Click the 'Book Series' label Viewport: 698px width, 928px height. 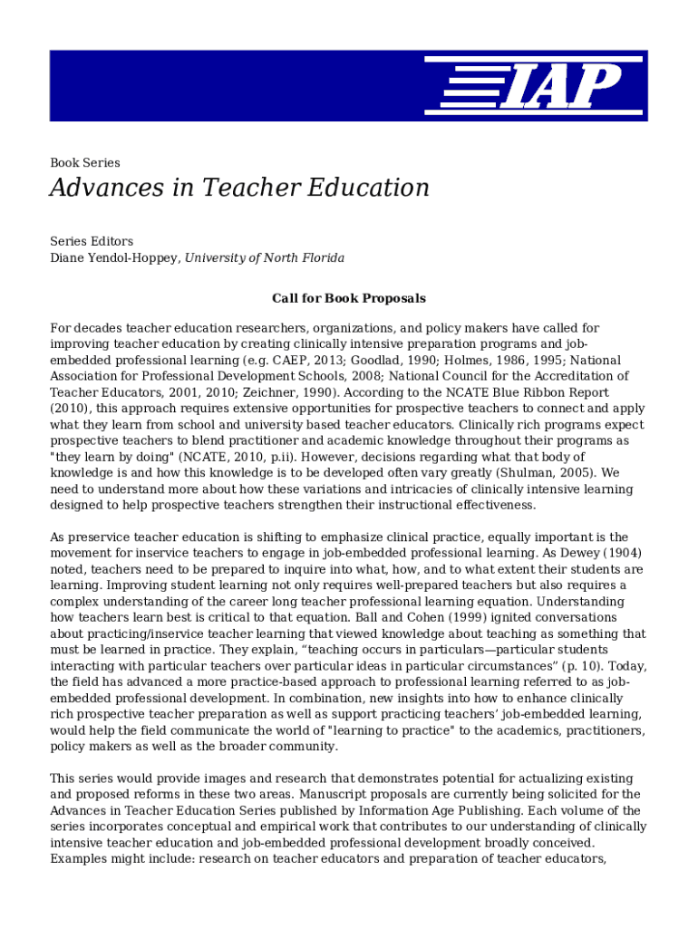coord(84,163)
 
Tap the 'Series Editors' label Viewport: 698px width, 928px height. coord(91,241)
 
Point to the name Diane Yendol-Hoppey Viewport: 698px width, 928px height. coord(114,258)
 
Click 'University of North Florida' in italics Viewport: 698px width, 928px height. coord(266,258)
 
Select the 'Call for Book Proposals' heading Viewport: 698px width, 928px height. coord(348,298)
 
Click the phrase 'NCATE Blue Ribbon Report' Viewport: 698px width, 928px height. coord(528,392)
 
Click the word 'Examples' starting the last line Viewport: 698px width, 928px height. coord(80,859)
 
